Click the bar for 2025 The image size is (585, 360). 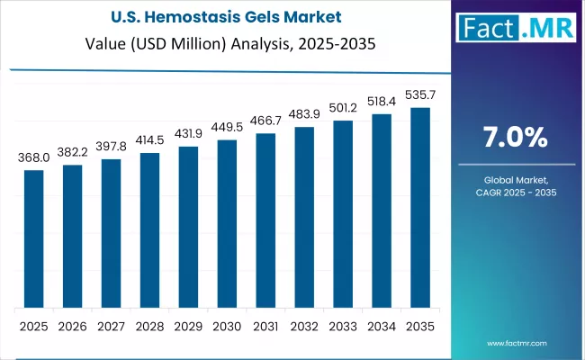[34, 238]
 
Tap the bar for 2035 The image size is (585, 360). [421, 207]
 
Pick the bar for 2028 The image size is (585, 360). [150, 229]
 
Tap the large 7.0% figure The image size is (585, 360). [513, 138]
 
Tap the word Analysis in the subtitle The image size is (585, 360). [252, 44]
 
